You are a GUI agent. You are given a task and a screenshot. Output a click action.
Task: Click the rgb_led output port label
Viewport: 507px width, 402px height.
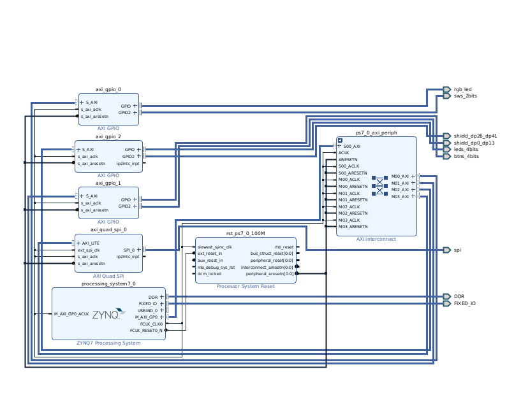(x=462, y=89)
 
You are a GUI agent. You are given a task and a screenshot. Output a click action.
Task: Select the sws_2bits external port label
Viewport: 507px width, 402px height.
(x=465, y=96)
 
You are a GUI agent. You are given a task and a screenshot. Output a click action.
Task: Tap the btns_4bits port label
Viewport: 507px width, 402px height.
(x=466, y=156)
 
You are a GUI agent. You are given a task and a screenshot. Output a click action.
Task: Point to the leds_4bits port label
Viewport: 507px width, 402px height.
(x=466, y=150)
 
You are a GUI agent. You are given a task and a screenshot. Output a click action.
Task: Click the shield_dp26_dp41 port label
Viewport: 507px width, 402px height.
(x=474, y=136)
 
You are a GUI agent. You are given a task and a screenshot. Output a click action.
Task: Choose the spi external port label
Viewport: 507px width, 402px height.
(x=457, y=250)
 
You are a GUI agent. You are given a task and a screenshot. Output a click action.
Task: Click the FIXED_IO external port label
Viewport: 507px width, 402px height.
(x=464, y=303)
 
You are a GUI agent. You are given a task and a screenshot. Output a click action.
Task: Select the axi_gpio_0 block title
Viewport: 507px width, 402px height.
(x=108, y=90)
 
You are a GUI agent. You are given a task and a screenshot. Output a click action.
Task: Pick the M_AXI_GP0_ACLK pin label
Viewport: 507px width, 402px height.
(x=71, y=314)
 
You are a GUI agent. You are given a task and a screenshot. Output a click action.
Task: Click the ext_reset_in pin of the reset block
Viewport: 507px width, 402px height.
(x=210, y=254)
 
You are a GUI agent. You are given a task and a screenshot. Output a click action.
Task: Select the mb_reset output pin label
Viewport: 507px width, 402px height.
(x=284, y=247)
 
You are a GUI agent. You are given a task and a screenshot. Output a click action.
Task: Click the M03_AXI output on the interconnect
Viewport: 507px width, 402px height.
(x=400, y=196)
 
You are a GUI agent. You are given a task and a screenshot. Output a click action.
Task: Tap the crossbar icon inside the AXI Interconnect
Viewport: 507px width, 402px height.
(x=379, y=186)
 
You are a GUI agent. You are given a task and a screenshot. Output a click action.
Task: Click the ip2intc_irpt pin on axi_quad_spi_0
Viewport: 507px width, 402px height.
(x=128, y=257)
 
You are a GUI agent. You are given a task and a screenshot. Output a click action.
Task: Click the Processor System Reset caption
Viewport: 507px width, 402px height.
(x=246, y=286)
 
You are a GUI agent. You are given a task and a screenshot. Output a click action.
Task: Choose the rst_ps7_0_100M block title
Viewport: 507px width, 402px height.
(x=246, y=233)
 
